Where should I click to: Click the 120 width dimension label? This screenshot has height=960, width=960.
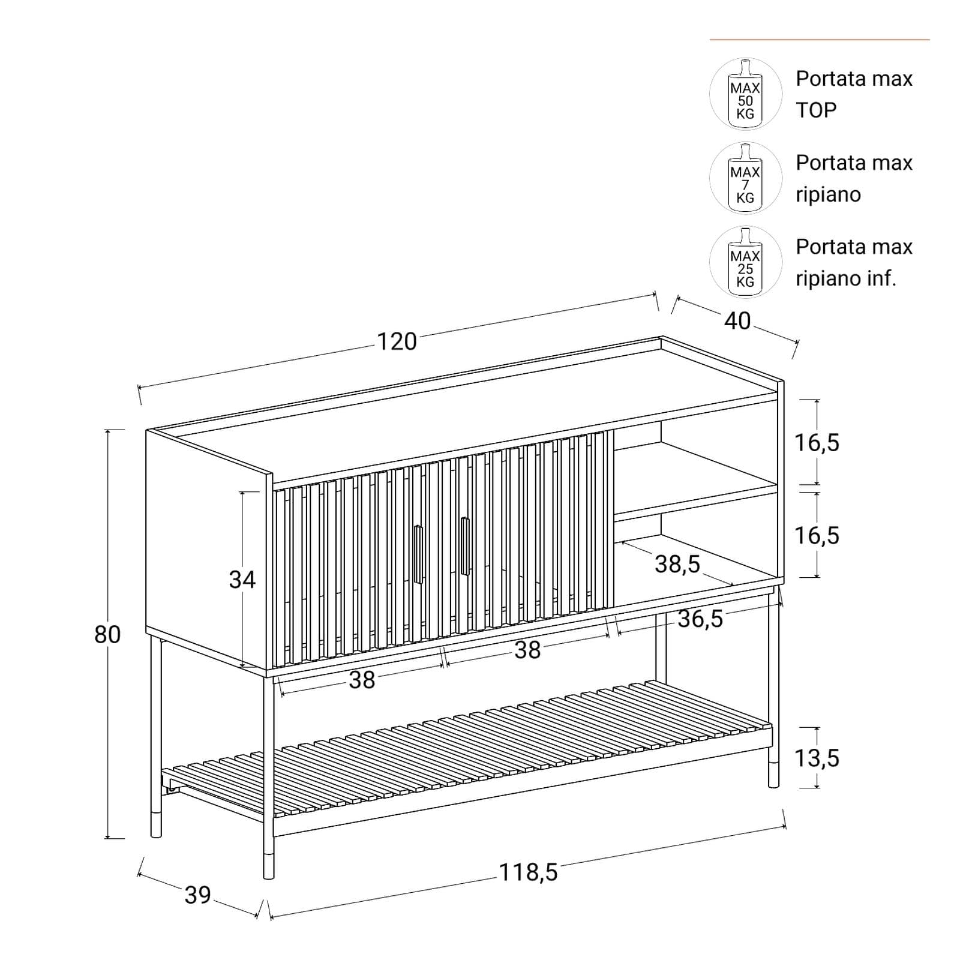(397, 341)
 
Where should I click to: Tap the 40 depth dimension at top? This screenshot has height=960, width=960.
(737, 321)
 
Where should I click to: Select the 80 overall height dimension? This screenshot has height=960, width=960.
(107, 634)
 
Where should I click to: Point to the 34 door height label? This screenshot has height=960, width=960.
(242, 580)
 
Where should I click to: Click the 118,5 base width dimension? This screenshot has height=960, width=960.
(529, 872)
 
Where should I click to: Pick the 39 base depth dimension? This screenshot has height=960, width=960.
(197, 895)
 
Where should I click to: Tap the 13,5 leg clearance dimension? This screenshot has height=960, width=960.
(817, 758)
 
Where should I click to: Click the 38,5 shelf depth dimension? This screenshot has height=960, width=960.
(677, 564)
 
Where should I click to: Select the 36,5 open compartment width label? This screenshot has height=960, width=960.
(700, 619)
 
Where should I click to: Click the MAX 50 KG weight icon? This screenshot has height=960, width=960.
(745, 94)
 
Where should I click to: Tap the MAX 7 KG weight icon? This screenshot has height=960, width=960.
(745, 178)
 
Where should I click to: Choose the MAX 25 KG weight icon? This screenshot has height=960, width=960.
(745, 262)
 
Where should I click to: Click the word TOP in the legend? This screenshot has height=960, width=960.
(816, 110)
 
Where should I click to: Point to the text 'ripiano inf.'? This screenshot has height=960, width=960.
(846, 278)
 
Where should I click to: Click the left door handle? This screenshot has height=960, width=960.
(418, 554)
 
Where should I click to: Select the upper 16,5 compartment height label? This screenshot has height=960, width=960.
(817, 443)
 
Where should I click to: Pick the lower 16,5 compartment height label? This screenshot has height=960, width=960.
(817, 535)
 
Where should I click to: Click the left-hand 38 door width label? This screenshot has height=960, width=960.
(362, 680)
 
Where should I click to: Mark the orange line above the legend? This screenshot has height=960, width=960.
(820, 40)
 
